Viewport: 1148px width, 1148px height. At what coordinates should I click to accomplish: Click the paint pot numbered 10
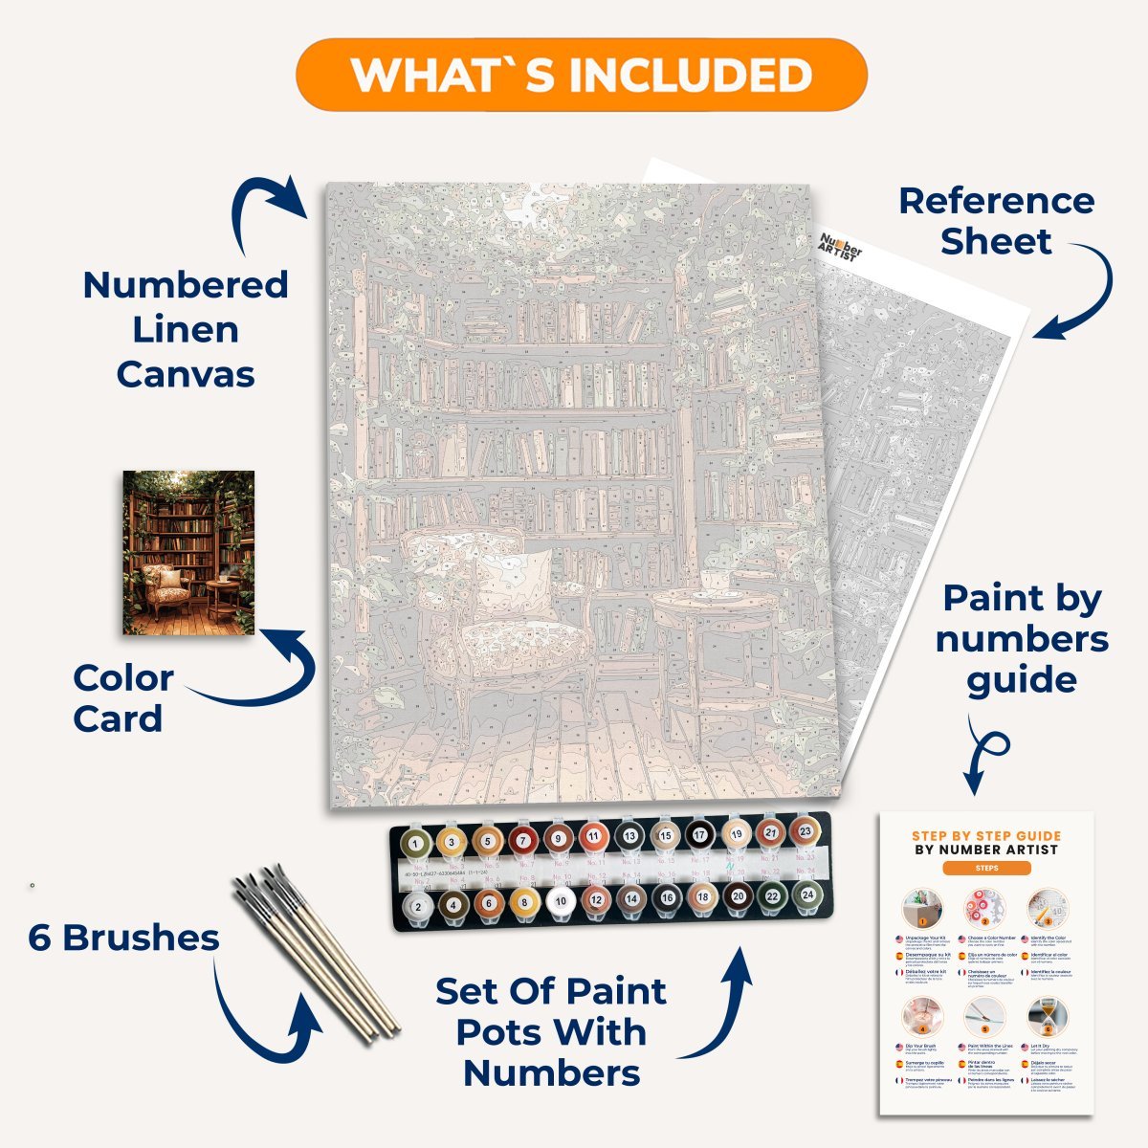pyautogui.click(x=560, y=900)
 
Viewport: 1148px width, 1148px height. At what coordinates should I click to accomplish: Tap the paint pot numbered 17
pyautogui.click(x=700, y=834)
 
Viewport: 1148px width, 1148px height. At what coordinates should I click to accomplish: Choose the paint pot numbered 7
pyautogui.click(x=522, y=841)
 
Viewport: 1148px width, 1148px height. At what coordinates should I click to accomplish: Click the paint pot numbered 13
pyautogui.click(x=629, y=836)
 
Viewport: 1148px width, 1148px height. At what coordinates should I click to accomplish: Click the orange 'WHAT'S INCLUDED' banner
pyautogui.click(x=581, y=75)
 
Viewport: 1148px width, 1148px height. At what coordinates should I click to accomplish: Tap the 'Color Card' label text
pyautogui.click(x=122, y=698)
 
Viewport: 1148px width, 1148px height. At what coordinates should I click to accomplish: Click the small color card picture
pyautogui.click(x=188, y=552)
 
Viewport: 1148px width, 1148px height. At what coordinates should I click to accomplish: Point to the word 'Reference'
pyautogui.click(x=996, y=201)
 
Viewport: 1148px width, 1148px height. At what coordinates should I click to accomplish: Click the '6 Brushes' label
pyautogui.click(x=123, y=938)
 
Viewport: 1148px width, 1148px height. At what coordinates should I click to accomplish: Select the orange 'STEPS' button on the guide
pyautogui.click(x=986, y=869)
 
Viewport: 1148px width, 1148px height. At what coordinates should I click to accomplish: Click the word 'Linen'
pyautogui.click(x=186, y=330)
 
